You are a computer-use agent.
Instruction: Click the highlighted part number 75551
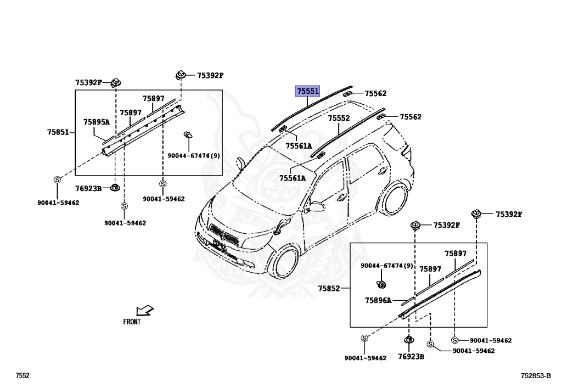(x=307, y=91)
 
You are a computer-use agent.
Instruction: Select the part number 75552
(x=339, y=118)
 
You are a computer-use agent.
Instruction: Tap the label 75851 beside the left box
(x=58, y=132)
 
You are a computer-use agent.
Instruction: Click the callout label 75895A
(x=97, y=122)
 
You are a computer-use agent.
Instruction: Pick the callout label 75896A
(x=378, y=300)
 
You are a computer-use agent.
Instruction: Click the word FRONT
(x=132, y=322)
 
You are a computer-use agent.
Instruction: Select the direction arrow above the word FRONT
(x=144, y=311)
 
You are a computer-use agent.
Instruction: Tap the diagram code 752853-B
(x=536, y=376)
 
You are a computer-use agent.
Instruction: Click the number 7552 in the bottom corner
(x=23, y=376)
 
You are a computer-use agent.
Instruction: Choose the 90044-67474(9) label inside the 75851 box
(x=194, y=156)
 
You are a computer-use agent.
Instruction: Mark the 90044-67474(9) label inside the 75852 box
(x=387, y=266)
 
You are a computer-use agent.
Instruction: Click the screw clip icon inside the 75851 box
(x=188, y=135)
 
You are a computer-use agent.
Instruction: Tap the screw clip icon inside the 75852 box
(x=380, y=284)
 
